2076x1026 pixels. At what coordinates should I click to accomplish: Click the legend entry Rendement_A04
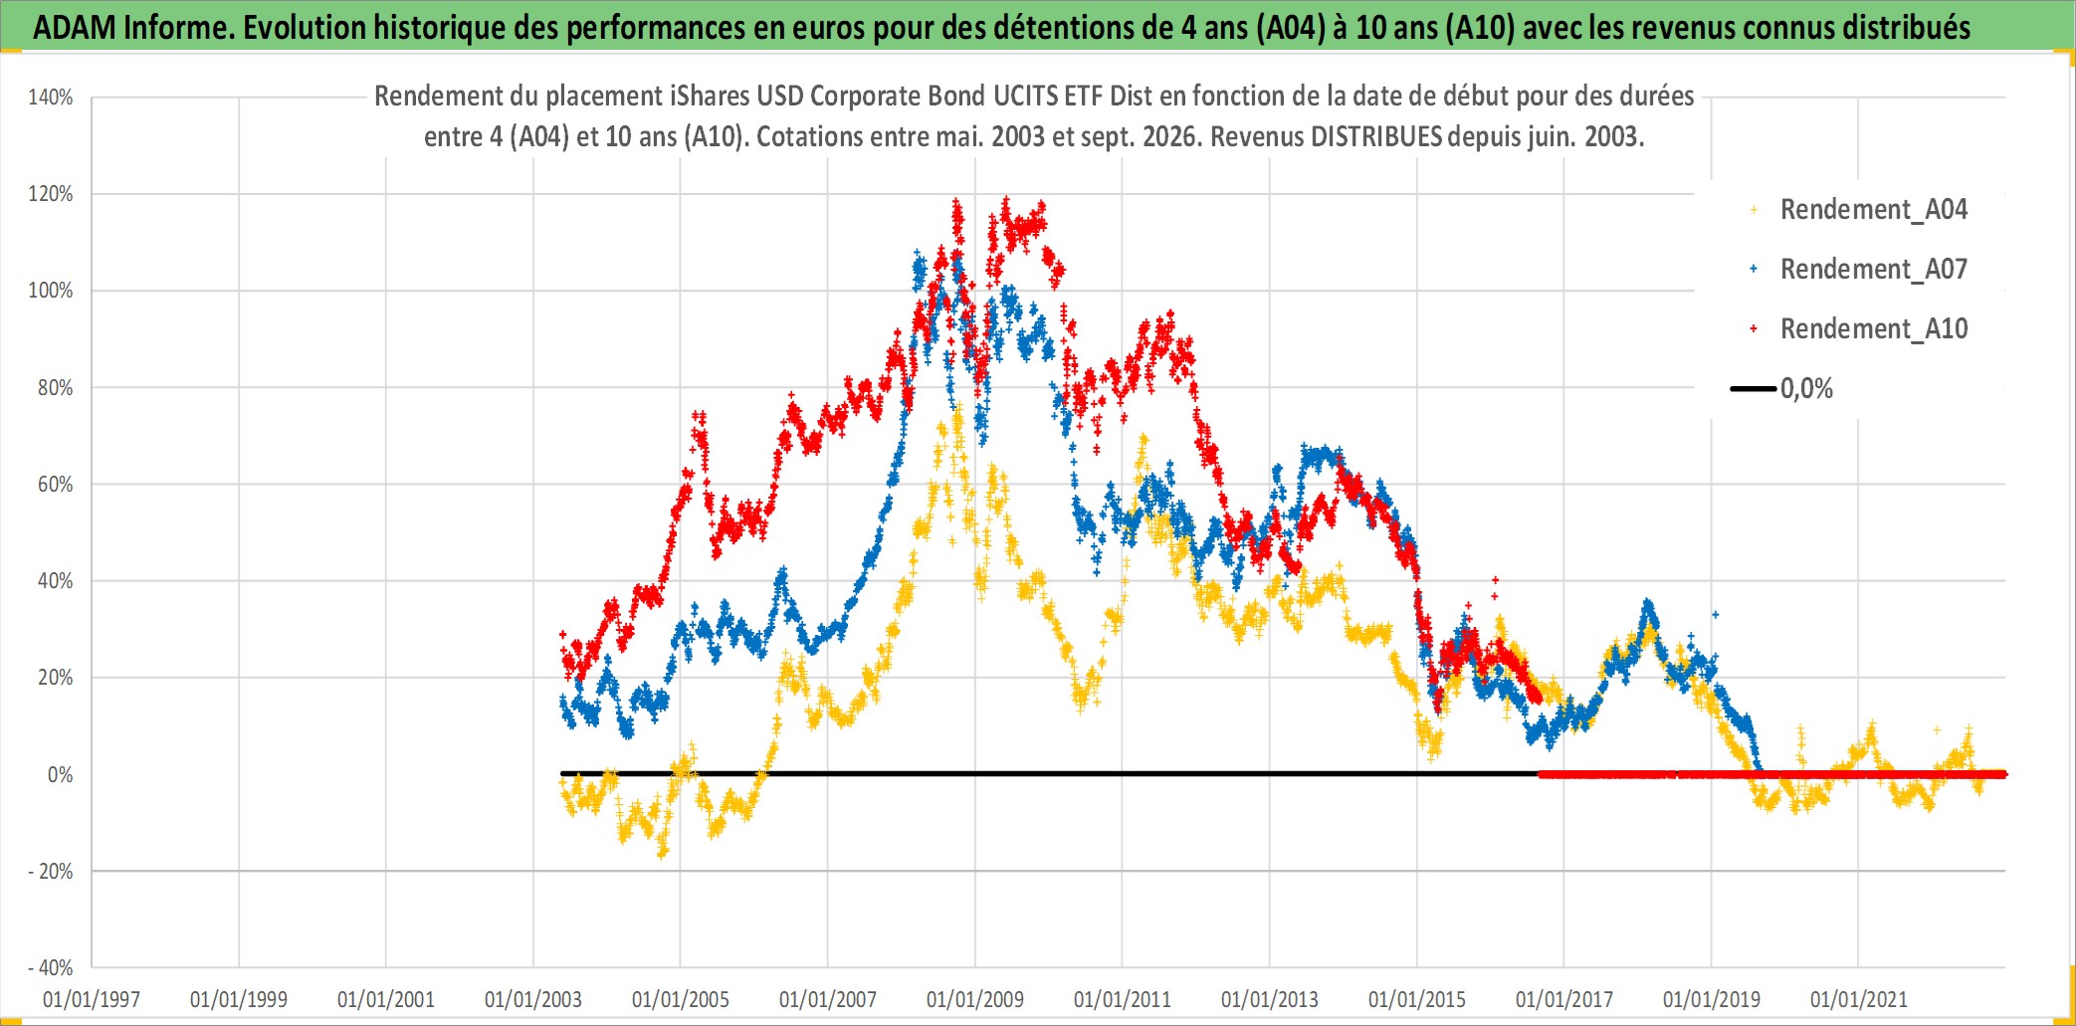click(x=1873, y=210)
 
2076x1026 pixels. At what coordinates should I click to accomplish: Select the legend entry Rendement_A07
click(x=1873, y=270)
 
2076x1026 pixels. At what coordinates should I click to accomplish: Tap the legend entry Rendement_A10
click(x=1873, y=329)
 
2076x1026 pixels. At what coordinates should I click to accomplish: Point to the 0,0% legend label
click(x=1806, y=389)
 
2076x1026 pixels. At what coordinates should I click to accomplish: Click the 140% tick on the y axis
click(x=51, y=98)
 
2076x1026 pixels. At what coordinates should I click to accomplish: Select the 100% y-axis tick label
click(x=51, y=291)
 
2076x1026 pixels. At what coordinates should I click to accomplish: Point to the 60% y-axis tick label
click(x=55, y=485)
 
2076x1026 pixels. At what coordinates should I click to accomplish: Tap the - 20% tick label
click(x=51, y=872)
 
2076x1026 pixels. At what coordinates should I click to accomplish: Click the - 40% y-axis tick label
click(x=51, y=968)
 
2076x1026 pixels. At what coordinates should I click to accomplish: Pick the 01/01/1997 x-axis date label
click(x=92, y=999)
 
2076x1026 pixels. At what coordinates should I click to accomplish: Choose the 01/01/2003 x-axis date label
click(x=533, y=999)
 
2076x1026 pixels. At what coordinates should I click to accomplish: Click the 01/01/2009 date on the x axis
click(x=975, y=999)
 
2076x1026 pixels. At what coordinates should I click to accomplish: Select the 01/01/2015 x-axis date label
click(x=1417, y=999)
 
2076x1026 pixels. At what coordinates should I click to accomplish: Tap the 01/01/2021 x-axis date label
click(x=1859, y=999)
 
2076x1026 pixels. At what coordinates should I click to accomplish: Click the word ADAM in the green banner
click(x=75, y=28)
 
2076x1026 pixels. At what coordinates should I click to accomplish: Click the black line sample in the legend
click(x=1754, y=389)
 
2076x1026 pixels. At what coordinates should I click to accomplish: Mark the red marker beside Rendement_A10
click(x=1754, y=328)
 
